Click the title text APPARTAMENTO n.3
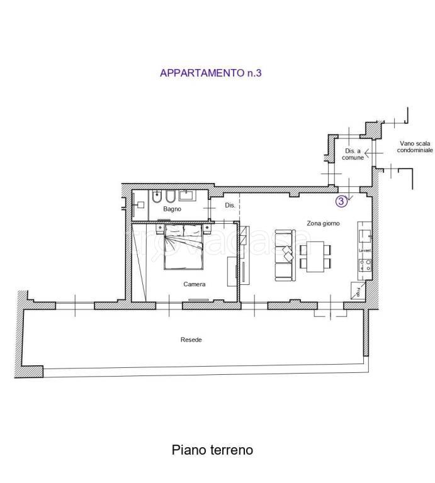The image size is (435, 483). point(210,74)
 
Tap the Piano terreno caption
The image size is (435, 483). point(213,450)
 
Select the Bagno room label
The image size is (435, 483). point(172,208)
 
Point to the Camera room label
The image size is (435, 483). point(194,284)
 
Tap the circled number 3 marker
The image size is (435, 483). point(341,201)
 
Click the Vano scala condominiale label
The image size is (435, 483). point(415,147)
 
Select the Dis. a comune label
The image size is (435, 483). point(353,155)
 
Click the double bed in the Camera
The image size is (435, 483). point(184,248)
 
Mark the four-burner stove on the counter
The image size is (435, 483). point(364,265)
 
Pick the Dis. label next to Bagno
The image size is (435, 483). point(230,206)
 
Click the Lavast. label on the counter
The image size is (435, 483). point(364,250)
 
